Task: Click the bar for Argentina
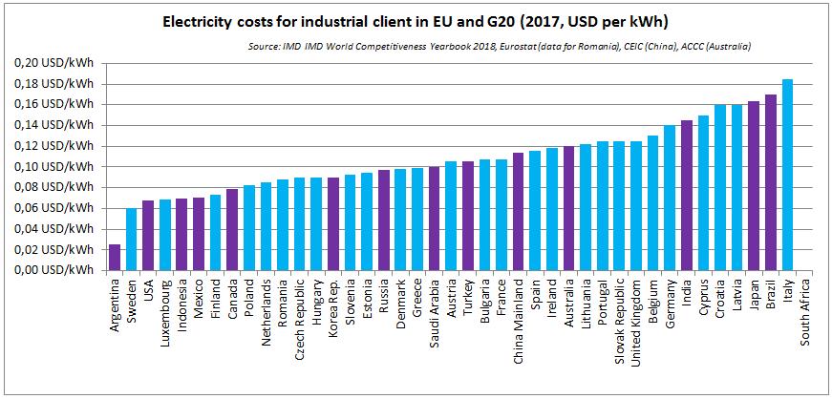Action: click(115, 257)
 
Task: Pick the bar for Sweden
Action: click(131, 239)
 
